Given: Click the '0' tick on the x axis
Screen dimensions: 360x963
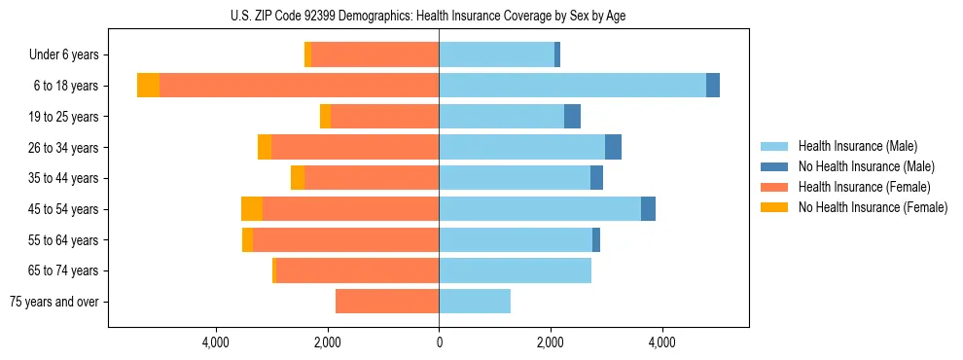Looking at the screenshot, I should point(439,342).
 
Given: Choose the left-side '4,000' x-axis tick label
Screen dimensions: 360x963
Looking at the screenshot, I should point(215,342).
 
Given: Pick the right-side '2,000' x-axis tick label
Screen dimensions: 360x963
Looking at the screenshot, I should point(551,342).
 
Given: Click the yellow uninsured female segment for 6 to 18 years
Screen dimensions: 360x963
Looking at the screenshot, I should point(148,86).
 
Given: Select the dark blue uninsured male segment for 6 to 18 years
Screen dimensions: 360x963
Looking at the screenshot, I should point(713,86).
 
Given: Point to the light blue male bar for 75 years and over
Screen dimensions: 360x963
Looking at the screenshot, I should point(475,302).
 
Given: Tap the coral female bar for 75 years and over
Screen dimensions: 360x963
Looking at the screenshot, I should point(387,302).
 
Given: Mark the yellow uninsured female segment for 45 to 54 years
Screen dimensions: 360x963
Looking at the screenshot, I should point(252,209).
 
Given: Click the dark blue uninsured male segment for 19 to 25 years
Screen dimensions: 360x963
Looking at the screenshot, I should point(573,117).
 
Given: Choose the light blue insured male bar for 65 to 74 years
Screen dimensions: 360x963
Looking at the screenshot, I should point(516,270).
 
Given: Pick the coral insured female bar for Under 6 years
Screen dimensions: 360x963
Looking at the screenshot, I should point(374,54).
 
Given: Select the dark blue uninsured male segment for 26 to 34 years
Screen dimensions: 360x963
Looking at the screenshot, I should point(613,147).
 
